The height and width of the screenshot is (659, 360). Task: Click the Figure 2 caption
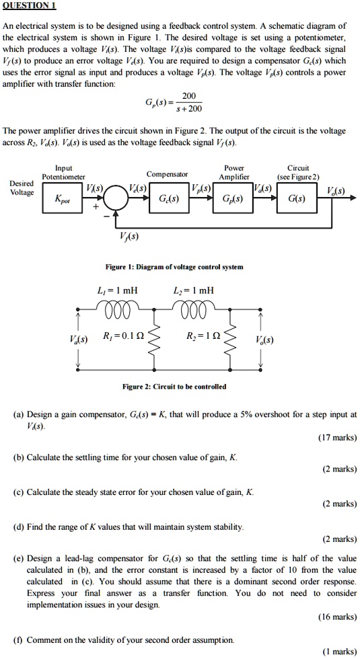tap(174, 387)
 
